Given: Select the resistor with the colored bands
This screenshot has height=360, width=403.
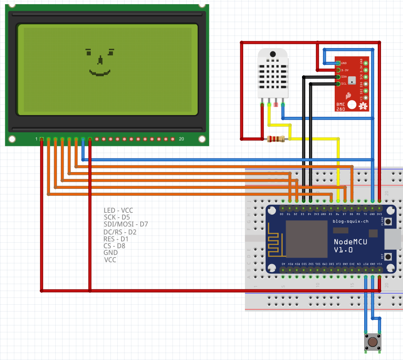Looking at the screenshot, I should click(x=275, y=139).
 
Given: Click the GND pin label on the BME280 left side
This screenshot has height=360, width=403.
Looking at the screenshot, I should click(x=344, y=63).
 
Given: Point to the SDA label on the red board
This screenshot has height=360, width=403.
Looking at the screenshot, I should click(x=344, y=77).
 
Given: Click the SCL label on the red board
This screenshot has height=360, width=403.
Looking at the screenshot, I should click(x=344, y=84).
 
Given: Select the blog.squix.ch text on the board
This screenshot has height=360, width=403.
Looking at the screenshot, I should click(x=350, y=221).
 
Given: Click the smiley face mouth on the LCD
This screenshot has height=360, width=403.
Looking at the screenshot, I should click(x=99, y=73).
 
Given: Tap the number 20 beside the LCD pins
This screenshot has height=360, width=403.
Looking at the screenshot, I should click(x=181, y=139).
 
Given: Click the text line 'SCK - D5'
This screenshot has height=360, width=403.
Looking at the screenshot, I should click(x=117, y=217).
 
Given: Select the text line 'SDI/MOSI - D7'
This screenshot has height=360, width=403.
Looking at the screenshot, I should click(x=126, y=224).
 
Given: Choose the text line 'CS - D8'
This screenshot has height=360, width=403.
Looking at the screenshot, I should click(x=114, y=245).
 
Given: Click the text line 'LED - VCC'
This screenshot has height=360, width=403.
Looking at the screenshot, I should click(x=118, y=210).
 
